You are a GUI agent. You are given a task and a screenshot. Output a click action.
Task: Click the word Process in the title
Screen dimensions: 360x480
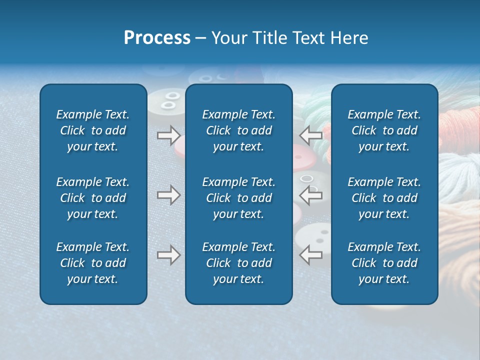pos(157,38)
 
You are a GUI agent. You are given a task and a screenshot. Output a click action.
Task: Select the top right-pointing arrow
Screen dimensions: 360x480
pos(168,135)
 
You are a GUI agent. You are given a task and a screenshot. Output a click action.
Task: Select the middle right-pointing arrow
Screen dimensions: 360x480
pos(168,195)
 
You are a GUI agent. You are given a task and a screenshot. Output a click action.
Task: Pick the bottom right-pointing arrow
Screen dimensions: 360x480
pos(168,255)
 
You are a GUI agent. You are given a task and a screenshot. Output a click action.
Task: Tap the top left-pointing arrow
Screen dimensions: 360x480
pos(311,135)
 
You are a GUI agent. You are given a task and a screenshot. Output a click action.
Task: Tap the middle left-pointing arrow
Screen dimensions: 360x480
pos(311,195)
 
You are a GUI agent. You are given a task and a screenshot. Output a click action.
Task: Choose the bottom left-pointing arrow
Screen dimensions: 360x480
pos(311,255)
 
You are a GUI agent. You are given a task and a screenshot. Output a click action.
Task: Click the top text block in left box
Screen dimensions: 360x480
pos(93,130)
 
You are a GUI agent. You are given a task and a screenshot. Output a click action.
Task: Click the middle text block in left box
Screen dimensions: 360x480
pos(93,198)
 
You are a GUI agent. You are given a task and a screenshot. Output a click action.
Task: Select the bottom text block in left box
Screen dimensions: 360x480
pos(93,263)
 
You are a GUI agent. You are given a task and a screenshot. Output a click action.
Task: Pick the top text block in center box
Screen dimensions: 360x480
pos(238,130)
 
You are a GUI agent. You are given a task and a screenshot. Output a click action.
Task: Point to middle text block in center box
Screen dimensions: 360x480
pos(238,198)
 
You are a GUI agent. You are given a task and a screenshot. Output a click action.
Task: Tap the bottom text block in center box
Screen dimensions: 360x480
pos(238,263)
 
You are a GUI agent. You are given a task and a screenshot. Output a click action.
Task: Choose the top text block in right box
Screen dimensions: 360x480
pos(384,130)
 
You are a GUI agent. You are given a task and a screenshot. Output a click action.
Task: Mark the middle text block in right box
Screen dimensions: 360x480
pos(384,198)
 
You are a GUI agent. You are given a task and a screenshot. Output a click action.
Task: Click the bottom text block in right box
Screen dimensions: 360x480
pos(384,263)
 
